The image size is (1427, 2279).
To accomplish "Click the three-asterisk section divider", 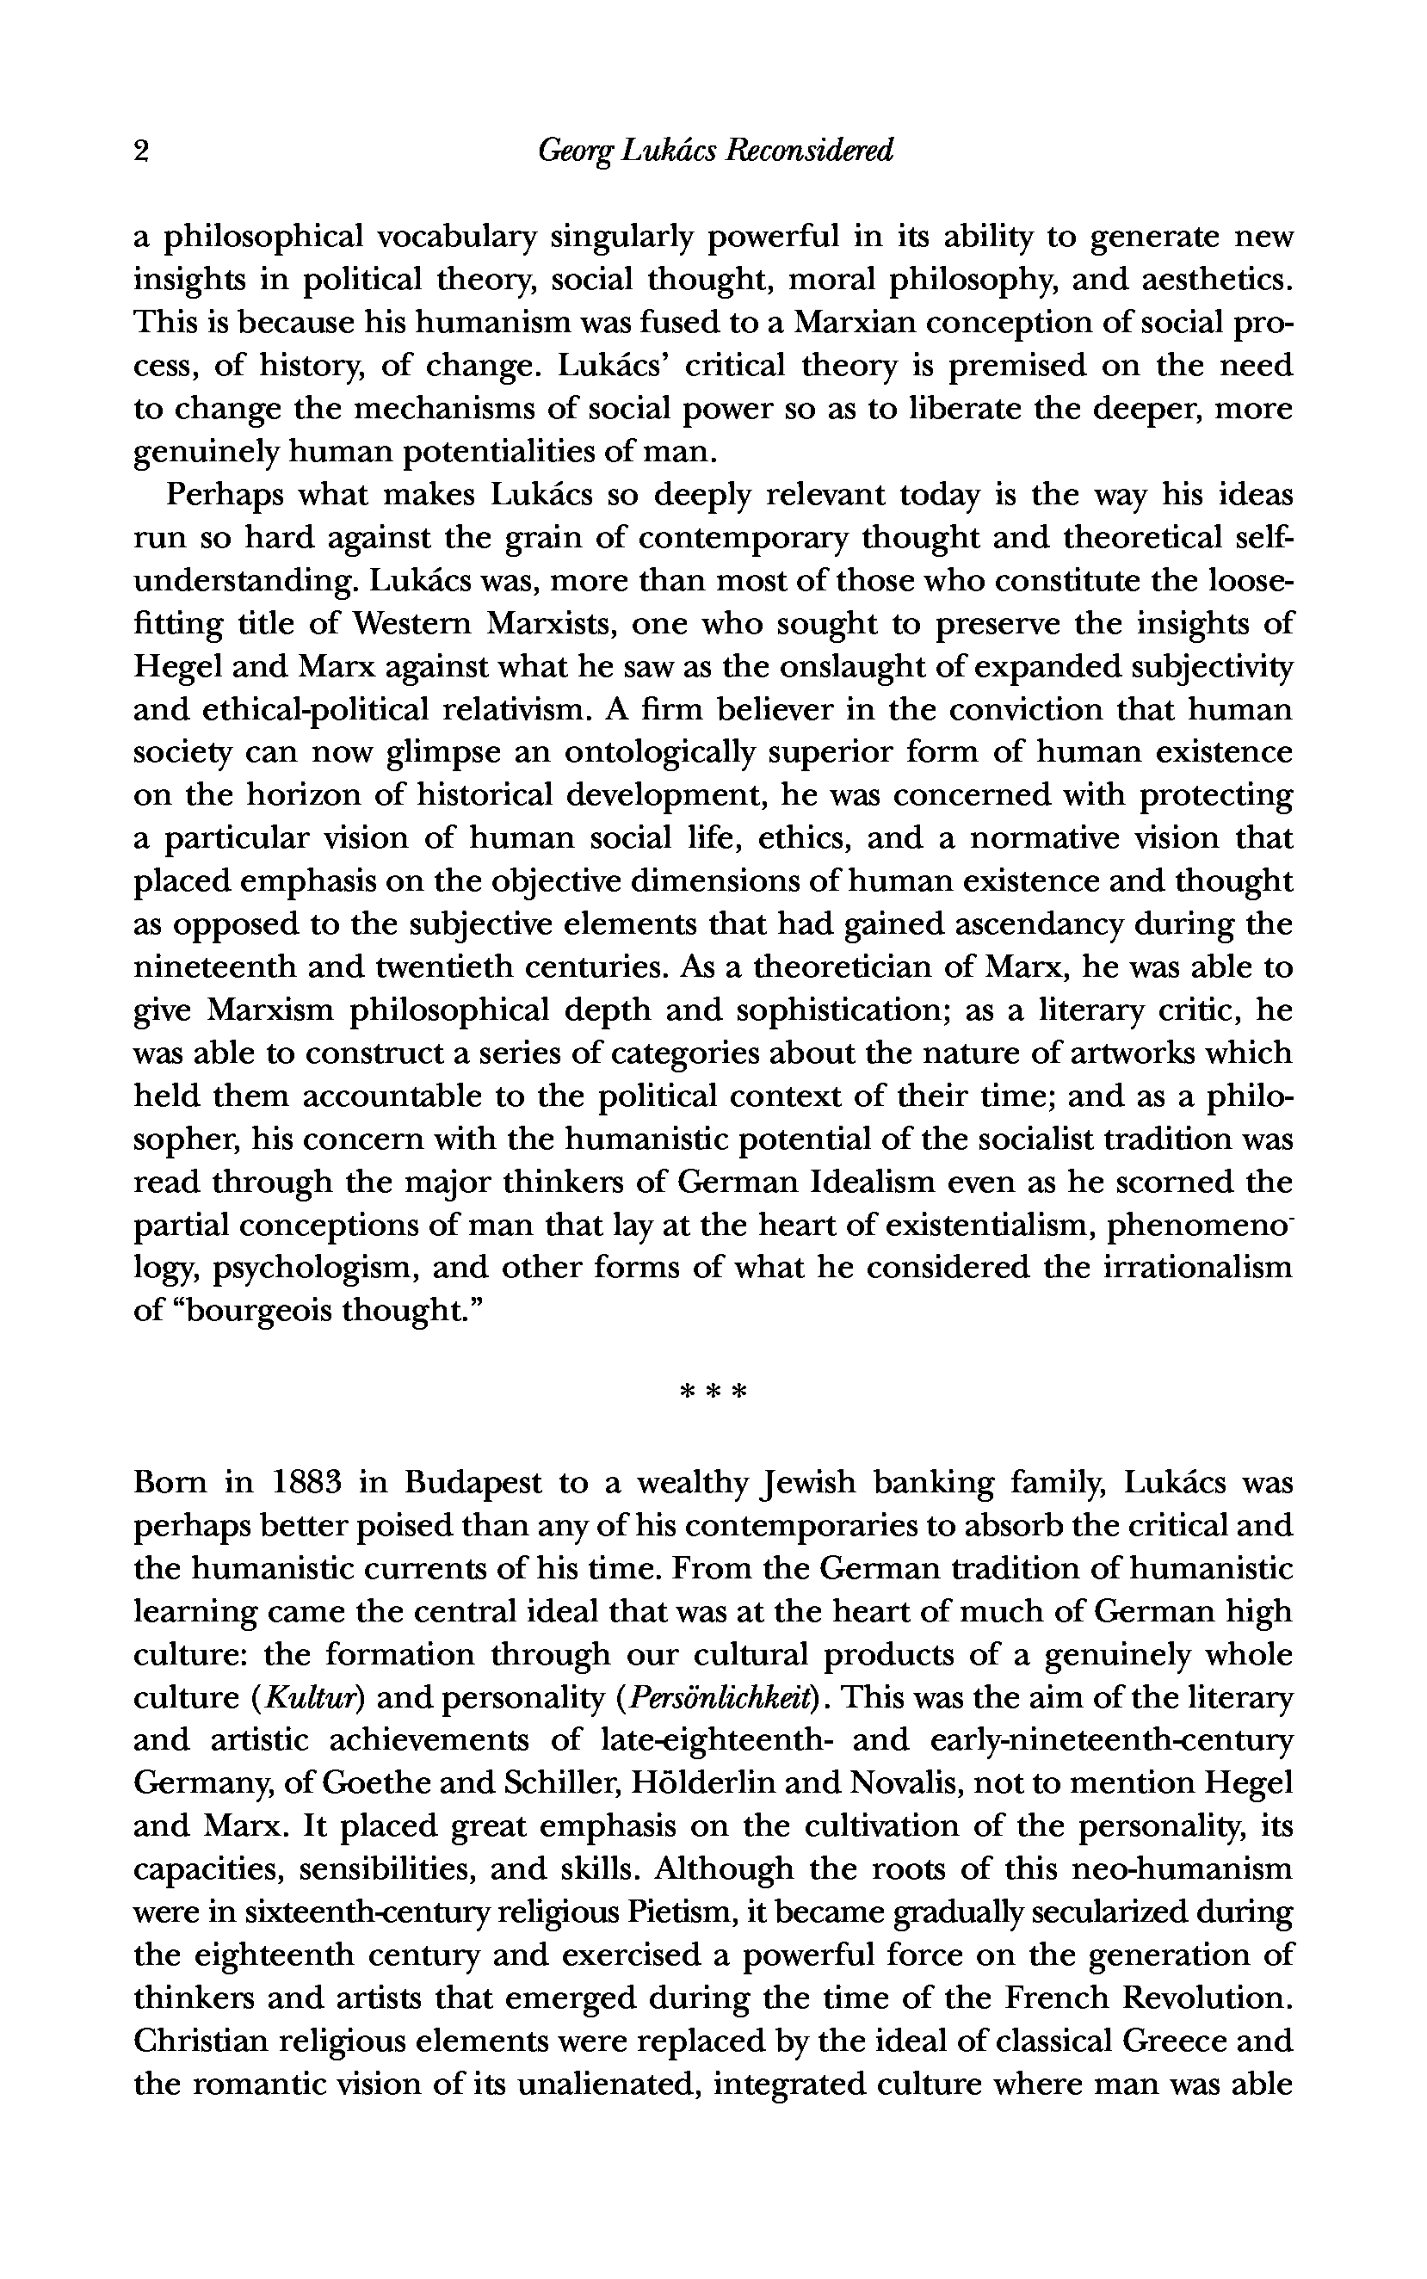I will [713, 1392].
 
